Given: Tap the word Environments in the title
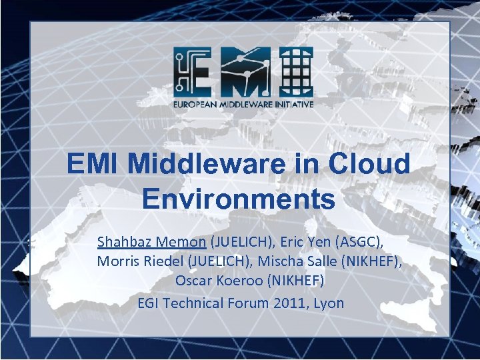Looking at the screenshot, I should coord(239,198).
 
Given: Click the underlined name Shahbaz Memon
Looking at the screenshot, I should coord(151,241).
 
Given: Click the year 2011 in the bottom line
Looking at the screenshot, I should coord(291,303).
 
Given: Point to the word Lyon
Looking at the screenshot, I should coord(329,303).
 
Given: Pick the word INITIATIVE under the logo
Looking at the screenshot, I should coord(287,104).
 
